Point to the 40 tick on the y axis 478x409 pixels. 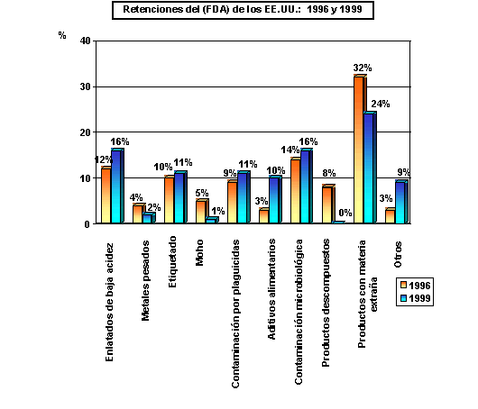[x=83, y=41]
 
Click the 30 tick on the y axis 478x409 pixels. [x=83, y=86]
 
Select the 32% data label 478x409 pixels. [x=363, y=68]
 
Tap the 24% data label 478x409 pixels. [x=381, y=105]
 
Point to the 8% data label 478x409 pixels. [x=328, y=175]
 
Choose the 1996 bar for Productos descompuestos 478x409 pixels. [x=326, y=204]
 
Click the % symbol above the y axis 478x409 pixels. [x=62, y=36]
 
